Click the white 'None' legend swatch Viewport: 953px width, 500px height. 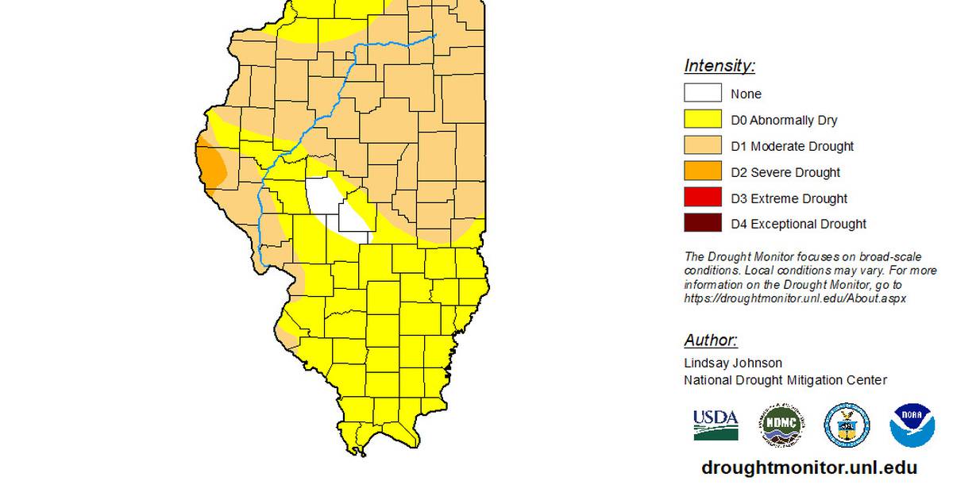pos(703,94)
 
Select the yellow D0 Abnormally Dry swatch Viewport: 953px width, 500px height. pos(703,120)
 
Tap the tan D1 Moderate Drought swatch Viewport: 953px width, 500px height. pos(703,146)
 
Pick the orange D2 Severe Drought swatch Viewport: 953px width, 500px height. pos(703,172)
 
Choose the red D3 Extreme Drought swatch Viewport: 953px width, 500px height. pos(703,198)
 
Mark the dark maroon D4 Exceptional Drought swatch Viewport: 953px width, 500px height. pos(703,224)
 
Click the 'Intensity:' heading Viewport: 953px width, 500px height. pos(720,66)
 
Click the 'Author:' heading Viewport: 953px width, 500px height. pos(711,340)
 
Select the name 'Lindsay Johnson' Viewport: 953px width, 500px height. pos(733,363)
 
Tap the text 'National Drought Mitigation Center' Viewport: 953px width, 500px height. pos(785,380)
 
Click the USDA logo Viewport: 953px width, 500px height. pos(716,425)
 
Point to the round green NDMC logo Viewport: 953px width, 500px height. pos(781,425)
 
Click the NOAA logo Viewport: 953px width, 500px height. pos(911,425)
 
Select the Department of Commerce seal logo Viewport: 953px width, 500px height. pos(847,425)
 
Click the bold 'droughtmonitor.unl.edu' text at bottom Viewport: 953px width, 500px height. pos(809,467)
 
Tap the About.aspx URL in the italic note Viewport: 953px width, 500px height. pos(795,298)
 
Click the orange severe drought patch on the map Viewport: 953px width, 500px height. pos(210,163)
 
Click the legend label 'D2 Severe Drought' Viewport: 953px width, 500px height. pos(785,172)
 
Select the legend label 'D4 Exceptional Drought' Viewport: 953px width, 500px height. pos(798,224)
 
